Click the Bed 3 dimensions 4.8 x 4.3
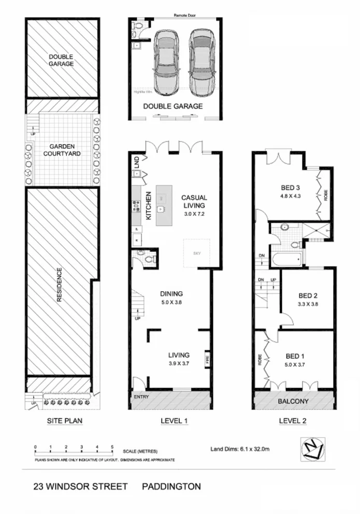click(291, 196)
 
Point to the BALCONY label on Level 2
click(294, 401)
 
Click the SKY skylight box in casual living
click(196, 253)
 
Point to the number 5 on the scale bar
click(112, 446)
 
